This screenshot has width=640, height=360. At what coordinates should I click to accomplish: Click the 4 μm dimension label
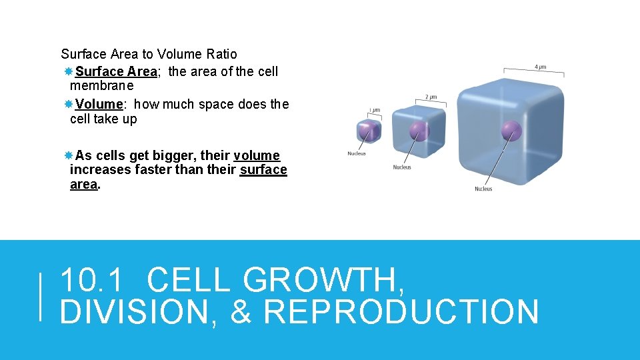pyautogui.click(x=540, y=67)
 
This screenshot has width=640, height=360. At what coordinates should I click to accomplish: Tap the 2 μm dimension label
pyautogui.click(x=431, y=97)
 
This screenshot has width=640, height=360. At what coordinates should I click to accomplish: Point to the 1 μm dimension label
pyautogui.click(x=375, y=110)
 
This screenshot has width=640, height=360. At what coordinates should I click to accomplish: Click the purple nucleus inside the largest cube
pyautogui.click(x=511, y=131)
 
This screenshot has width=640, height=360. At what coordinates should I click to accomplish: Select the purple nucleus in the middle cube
pyautogui.click(x=419, y=131)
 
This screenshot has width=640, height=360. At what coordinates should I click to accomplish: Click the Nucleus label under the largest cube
pyautogui.click(x=483, y=189)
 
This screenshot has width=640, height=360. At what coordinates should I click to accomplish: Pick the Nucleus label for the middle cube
pyautogui.click(x=401, y=167)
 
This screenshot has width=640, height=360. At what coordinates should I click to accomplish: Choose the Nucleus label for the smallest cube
pyautogui.click(x=357, y=154)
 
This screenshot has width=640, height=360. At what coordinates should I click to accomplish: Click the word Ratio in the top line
pyautogui.click(x=221, y=54)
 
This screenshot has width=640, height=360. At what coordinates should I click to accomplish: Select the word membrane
pyautogui.click(x=101, y=86)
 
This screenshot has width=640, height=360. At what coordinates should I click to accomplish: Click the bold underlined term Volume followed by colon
pyautogui.click(x=99, y=104)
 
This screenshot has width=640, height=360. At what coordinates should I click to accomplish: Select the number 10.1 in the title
pyautogui.click(x=92, y=280)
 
